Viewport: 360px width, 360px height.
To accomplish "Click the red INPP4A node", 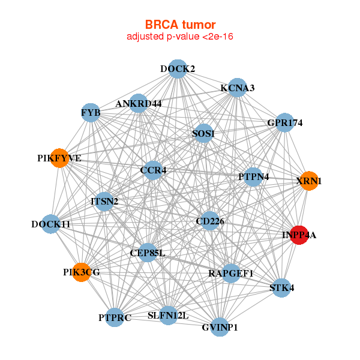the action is pyautogui.click(x=299, y=235).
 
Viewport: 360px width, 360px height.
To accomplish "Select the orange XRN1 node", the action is pyautogui.click(x=308, y=181).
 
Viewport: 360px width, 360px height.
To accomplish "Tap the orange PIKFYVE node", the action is pyautogui.click(x=59, y=158).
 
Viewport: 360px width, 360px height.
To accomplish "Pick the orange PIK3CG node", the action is pyautogui.click(x=81, y=272).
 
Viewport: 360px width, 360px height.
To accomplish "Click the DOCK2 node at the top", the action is pyautogui.click(x=177, y=69).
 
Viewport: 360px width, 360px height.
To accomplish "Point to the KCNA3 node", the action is pyautogui.click(x=238, y=88).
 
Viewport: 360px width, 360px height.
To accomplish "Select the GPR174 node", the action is pyautogui.click(x=284, y=123).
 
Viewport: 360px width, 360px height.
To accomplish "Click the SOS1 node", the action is pyautogui.click(x=203, y=133).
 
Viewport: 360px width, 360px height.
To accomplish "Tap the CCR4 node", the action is pyautogui.click(x=153, y=170).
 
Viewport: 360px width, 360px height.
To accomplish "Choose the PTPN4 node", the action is pyautogui.click(x=253, y=177).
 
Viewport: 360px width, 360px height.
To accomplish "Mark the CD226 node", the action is pyautogui.click(x=209, y=221).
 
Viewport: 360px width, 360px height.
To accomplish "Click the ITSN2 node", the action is pyautogui.click(x=104, y=201).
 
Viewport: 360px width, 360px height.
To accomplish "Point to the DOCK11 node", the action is pyautogui.click(x=51, y=224).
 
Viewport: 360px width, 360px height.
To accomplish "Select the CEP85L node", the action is pyautogui.click(x=147, y=253).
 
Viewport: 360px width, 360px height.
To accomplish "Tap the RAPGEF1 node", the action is pyautogui.click(x=231, y=274).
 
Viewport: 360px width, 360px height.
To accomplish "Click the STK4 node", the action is pyautogui.click(x=281, y=288).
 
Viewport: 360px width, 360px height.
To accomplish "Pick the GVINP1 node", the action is pyautogui.click(x=220, y=327).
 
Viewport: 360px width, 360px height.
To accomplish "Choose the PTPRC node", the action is pyautogui.click(x=115, y=318).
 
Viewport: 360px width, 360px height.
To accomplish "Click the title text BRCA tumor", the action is pyautogui.click(x=180, y=25).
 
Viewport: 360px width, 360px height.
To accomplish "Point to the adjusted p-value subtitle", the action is pyautogui.click(x=180, y=37).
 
